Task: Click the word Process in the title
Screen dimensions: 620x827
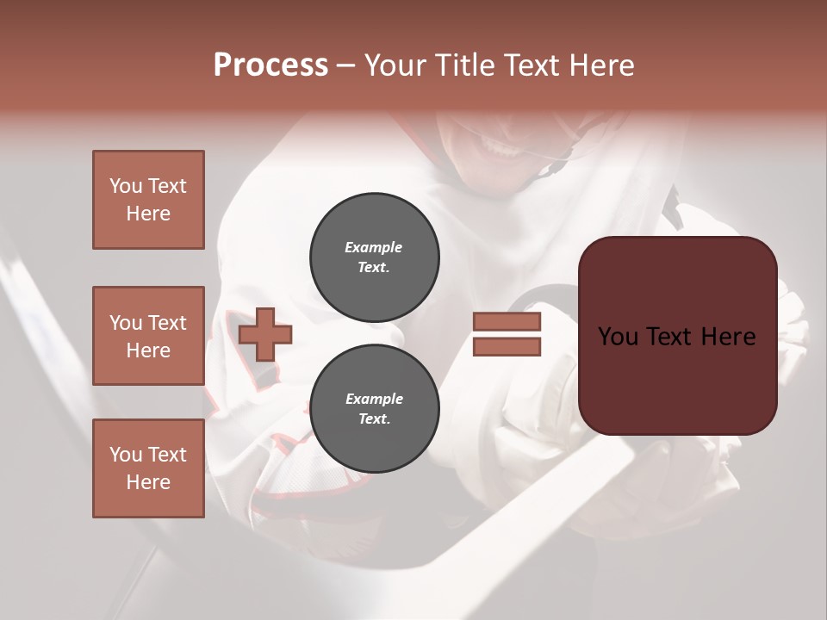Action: (x=270, y=65)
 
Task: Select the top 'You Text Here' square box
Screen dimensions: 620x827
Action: (x=148, y=200)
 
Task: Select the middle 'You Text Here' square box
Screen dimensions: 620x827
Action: (x=148, y=336)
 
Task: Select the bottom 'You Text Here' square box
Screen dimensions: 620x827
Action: (x=148, y=468)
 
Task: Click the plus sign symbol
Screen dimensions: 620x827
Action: (x=265, y=334)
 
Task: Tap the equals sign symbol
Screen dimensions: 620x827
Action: (x=507, y=334)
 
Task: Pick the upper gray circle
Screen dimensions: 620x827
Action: (x=375, y=257)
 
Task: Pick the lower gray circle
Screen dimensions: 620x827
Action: (x=375, y=409)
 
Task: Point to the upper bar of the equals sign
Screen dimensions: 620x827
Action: (x=507, y=322)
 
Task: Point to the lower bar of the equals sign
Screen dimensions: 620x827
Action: (x=507, y=347)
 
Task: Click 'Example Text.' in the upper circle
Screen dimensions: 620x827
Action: (x=374, y=257)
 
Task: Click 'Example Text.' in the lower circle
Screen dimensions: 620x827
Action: (x=374, y=409)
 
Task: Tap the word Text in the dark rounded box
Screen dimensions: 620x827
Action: (x=677, y=337)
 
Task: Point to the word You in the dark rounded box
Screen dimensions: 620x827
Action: (x=618, y=337)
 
